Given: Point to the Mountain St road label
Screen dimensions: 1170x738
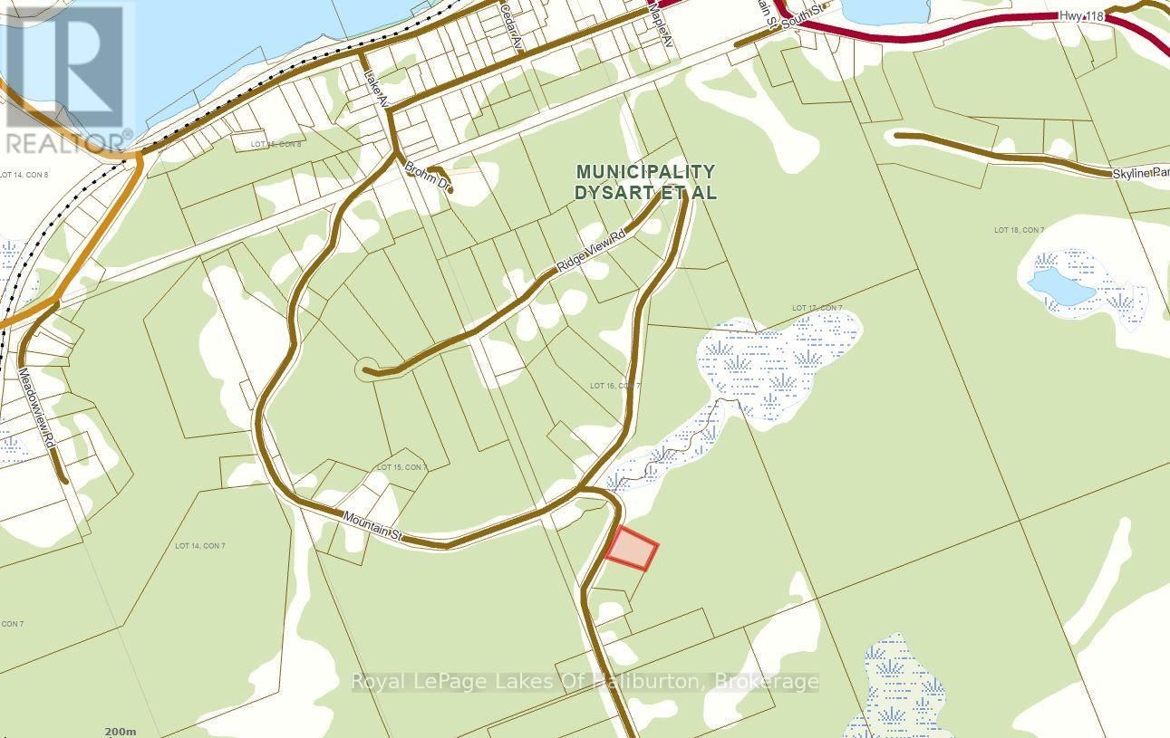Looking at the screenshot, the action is (372, 527).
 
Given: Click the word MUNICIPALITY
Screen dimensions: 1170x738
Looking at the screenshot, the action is (646, 171).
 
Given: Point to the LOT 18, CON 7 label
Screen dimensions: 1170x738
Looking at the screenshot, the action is (1019, 230).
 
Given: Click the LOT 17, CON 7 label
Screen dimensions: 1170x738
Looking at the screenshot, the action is (817, 309).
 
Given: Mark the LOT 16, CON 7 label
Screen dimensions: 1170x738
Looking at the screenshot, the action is (614, 386).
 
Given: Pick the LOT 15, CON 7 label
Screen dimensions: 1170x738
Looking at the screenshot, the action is (401, 467).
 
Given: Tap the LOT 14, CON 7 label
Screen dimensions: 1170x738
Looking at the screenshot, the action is (199, 545).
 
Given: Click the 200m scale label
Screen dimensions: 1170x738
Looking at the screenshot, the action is (120, 731).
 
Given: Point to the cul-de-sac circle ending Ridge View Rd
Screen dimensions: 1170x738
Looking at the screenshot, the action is (367, 369).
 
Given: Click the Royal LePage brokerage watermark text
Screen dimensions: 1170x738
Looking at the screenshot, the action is (585, 682).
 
